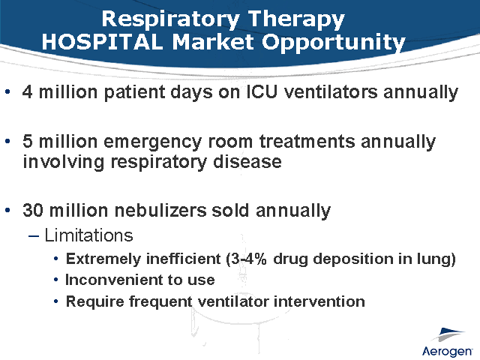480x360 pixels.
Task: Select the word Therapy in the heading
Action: (x=303, y=17)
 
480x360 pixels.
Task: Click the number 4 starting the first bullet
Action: (x=28, y=93)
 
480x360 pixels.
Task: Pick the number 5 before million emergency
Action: (x=28, y=142)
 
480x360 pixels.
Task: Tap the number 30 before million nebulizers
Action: (x=32, y=211)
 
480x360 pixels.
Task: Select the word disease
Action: (x=244, y=161)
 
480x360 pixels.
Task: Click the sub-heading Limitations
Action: (x=88, y=235)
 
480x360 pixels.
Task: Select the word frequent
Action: (x=157, y=301)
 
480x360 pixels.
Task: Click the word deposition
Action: (x=346, y=260)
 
